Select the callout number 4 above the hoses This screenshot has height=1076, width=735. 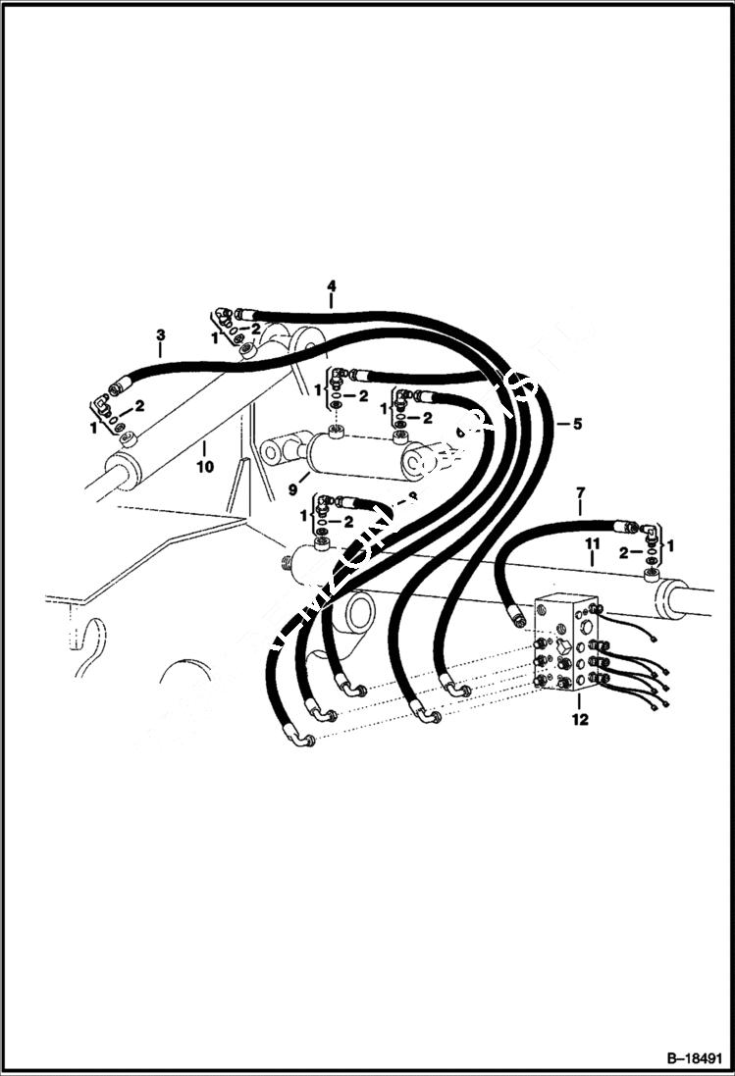point(332,286)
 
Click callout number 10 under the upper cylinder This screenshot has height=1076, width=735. point(205,467)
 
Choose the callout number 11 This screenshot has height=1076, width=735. point(593,541)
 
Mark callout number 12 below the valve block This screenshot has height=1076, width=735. point(579,721)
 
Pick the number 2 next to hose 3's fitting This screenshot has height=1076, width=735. point(139,405)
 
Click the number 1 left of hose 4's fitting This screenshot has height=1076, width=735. point(214,336)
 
